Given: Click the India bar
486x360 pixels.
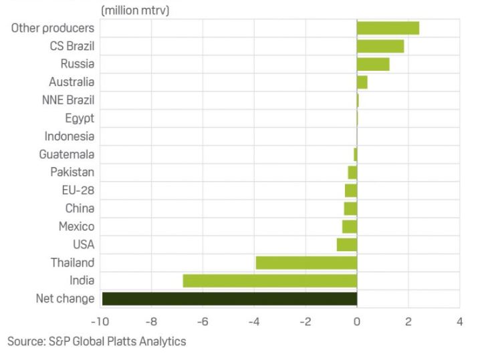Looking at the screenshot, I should coord(269,281).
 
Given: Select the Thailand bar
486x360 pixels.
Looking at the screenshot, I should coord(306,262).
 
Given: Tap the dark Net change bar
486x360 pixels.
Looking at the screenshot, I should coord(229,299).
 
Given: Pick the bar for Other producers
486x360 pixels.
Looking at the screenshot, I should coord(388,28).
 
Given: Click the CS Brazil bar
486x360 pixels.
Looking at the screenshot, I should coord(380,46).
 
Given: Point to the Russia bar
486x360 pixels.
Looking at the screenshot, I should coord(373,64).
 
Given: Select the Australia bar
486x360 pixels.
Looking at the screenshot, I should coord(362,82).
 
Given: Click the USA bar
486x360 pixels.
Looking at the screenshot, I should coord(346,244).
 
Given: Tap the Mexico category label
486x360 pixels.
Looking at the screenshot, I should coord(77,226).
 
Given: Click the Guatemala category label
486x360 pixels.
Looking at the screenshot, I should coord(67,154).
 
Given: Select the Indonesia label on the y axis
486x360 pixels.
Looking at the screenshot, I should coord(70,136).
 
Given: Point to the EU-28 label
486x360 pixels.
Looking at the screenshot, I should coord(78,190).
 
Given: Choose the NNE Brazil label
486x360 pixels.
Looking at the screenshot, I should coord(68,100).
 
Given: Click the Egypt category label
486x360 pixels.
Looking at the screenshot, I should coord(80,118).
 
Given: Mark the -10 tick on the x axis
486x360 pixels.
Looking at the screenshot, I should coord(100,321).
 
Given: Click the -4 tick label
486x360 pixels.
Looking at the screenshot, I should coord(253,321).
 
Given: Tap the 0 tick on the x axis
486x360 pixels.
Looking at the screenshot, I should coord(357,321).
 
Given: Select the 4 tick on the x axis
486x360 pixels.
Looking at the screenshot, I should coord(459,321).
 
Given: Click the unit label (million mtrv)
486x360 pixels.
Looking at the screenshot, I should coord(135,10).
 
